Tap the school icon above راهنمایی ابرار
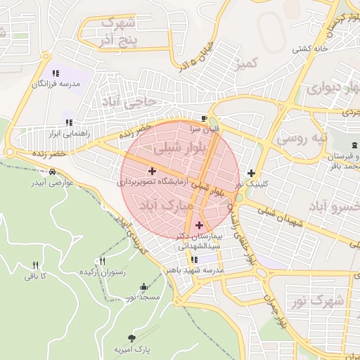click(x=68, y=121)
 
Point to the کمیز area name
click(x=250, y=63)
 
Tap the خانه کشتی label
click(x=311, y=49)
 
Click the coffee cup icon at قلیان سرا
click(x=205, y=119)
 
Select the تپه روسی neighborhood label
click(x=301, y=138)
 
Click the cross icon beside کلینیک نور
click(x=251, y=172)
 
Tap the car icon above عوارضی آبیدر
click(x=53, y=172)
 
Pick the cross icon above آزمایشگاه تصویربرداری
click(x=152, y=170)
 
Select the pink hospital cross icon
click(x=200, y=226)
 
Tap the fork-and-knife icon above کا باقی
click(x=35, y=265)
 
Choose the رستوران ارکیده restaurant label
click(x=102, y=272)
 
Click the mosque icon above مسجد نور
click(x=144, y=287)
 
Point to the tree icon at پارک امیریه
click(x=131, y=338)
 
